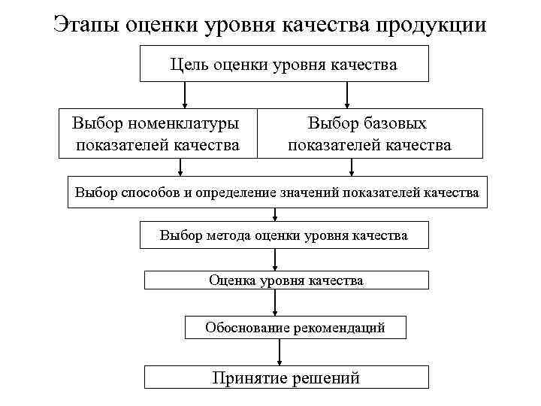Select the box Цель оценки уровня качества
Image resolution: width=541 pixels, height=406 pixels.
click(x=284, y=63)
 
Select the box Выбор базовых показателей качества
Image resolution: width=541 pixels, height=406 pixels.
click(x=369, y=134)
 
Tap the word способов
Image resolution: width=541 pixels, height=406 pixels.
click(x=157, y=192)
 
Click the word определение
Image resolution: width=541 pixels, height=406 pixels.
click(x=234, y=192)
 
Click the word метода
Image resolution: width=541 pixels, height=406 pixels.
click(x=228, y=236)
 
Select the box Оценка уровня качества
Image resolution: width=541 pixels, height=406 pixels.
click(x=286, y=280)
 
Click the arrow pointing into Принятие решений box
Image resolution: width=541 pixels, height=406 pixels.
click(x=280, y=352)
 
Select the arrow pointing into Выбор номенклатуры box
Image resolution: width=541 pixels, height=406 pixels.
click(x=185, y=95)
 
